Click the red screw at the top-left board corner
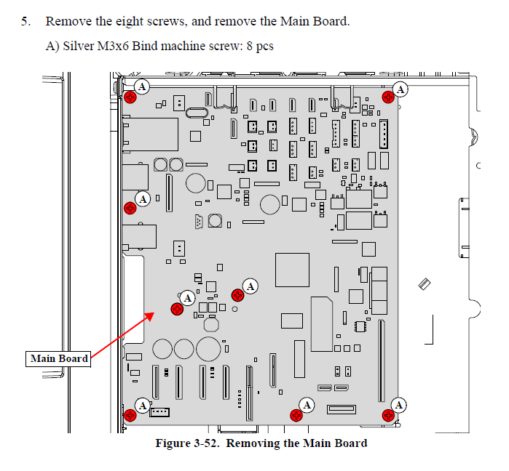[x=130, y=97]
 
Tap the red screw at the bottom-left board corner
[x=130, y=416]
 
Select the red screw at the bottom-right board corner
[x=387, y=415]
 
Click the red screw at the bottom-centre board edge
[x=296, y=416]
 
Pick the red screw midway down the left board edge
[x=130, y=209]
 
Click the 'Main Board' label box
[x=59, y=358]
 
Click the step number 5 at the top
[x=25, y=21]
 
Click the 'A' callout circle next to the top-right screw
[x=401, y=89]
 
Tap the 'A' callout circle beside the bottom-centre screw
[x=307, y=404]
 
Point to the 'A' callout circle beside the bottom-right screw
[x=399, y=404]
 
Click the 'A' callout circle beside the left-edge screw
[x=143, y=198]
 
